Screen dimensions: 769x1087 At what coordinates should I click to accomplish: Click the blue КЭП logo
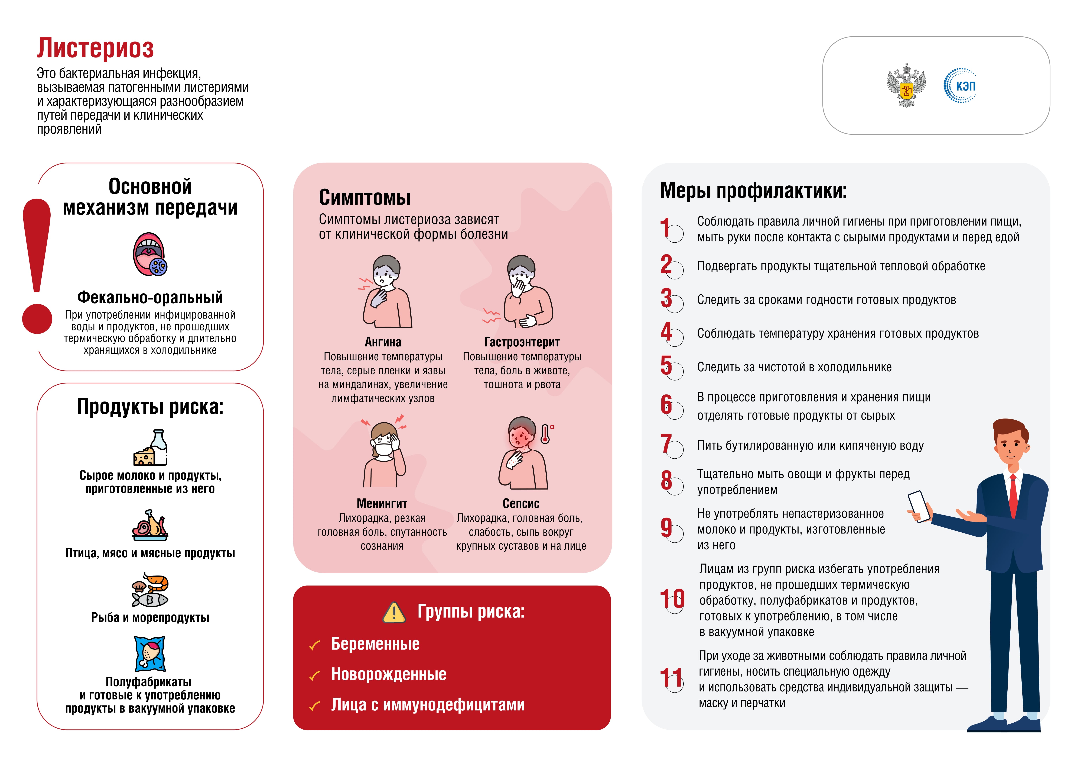[960, 86]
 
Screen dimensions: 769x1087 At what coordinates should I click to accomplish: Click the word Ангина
[383, 342]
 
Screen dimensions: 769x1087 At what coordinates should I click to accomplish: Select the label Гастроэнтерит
[522, 342]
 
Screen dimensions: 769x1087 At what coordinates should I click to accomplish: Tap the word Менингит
[382, 503]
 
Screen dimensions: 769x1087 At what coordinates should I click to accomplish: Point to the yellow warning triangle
[394, 612]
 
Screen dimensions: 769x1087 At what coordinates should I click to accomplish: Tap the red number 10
[672, 599]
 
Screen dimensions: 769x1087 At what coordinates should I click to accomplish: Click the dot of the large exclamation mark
[37, 318]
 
